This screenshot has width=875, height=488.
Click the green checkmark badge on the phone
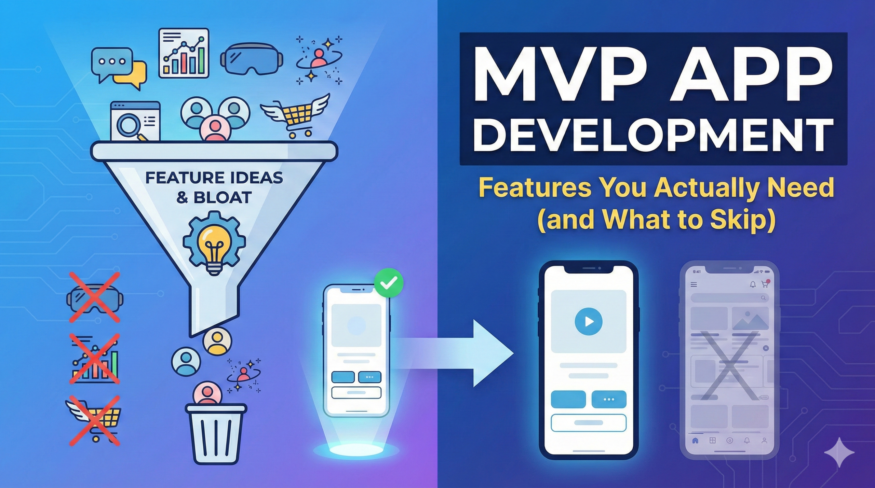point(389,283)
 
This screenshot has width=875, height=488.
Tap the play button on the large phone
point(588,321)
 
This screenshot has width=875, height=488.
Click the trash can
point(216,433)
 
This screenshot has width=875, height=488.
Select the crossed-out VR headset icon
point(95,298)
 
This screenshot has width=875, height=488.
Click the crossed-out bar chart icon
point(95,359)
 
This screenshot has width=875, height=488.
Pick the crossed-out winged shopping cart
point(95,421)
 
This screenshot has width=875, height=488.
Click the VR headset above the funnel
point(252,59)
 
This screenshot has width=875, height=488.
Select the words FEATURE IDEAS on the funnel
point(214,178)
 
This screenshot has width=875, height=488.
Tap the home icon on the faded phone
point(695,441)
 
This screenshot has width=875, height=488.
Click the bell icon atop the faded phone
point(753,284)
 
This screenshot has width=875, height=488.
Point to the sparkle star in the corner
point(839,452)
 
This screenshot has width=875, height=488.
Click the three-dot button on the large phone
point(609,399)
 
